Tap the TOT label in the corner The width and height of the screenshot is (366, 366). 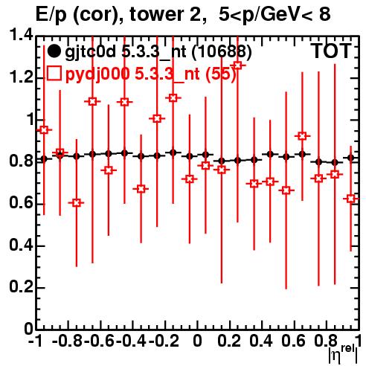[331, 51]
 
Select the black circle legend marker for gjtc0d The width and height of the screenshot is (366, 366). [54, 51]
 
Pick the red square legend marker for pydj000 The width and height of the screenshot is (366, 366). [54, 74]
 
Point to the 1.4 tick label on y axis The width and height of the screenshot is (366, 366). [21, 35]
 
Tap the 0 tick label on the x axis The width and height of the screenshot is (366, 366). [197, 341]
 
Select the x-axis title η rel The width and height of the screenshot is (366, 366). [343, 356]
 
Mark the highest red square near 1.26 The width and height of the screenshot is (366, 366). [237, 65]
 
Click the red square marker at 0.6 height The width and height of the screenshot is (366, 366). [77, 203]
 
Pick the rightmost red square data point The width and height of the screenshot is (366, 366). [350, 199]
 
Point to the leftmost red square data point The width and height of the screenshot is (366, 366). [44, 129]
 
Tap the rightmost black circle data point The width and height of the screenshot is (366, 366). [350, 158]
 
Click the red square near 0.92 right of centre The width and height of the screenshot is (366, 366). [302, 136]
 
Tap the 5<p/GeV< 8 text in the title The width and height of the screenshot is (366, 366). [274, 14]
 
